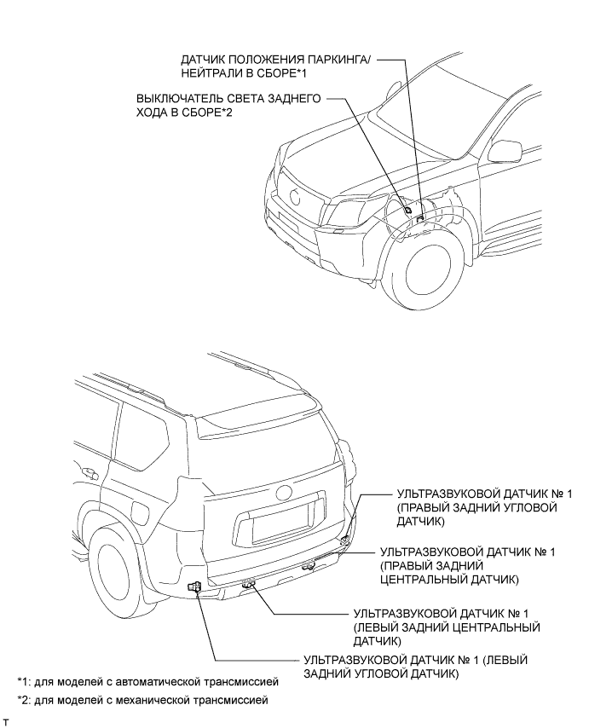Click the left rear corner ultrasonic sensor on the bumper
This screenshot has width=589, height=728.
[x=195, y=587]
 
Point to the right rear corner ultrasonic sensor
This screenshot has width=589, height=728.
[x=344, y=540]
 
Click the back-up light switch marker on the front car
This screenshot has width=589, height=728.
[x=408, y=209]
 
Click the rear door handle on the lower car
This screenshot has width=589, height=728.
[x=88, y=471]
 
